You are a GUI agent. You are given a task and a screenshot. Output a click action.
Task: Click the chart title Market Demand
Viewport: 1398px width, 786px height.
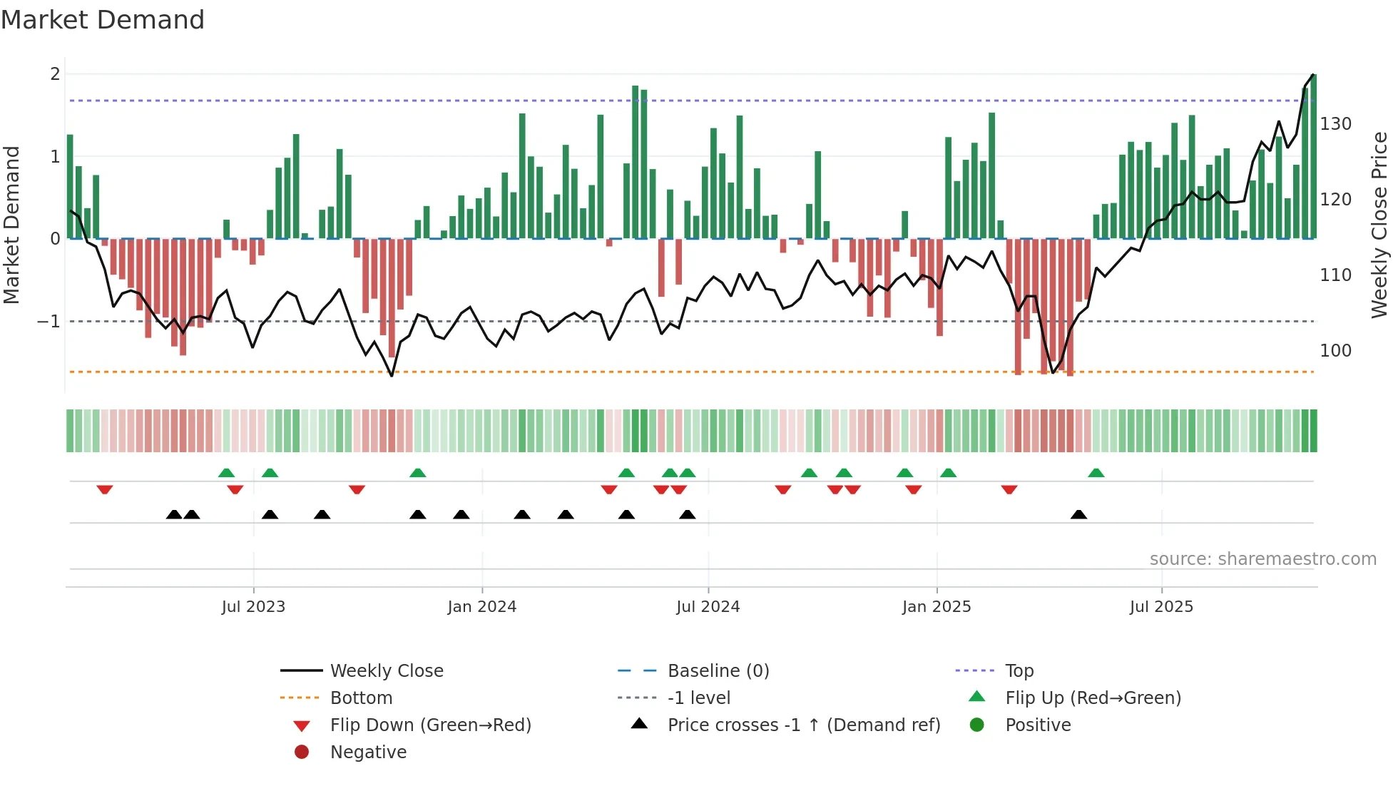pyautogui.click(x=103, y=20)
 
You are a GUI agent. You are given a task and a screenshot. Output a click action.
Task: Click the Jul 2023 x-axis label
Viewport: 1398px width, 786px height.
pyautogui.click(x=253, y=607)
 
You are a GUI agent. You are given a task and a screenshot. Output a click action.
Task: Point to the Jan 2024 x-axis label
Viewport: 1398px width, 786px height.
pyautogui.click(x=481, y=607)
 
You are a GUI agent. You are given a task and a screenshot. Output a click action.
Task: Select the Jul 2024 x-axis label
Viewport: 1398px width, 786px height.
pyautogui.click(x=708, y=607)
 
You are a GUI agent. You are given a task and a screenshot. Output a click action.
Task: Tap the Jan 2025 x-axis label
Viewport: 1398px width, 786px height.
pyautogui.click(x=936, y=607)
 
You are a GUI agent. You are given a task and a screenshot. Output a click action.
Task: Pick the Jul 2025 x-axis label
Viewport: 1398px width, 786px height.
pyautogui.click(x=1161, y=607)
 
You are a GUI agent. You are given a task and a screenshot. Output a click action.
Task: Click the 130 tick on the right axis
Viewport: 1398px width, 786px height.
pyautogui.click(x=1335, y=124)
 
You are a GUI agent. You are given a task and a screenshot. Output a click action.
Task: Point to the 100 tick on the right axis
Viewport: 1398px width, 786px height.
pyautogui.click(x=1335, y=351)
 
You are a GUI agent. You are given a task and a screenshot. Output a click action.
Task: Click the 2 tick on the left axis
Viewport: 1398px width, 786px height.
pyautogui.click(x=55, y=74)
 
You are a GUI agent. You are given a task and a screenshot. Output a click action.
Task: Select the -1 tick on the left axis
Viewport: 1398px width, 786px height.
pyautogui.click(x=49, y=322)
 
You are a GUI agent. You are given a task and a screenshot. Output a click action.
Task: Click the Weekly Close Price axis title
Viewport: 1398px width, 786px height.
pyautogui.click(x=1379, y=225)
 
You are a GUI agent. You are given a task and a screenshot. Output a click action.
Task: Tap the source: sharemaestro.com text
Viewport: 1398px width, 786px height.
pyautogui.click(x=1262, y=559)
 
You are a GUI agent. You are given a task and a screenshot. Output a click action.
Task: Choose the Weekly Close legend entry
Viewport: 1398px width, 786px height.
pyautogui.click(x=386, y=671)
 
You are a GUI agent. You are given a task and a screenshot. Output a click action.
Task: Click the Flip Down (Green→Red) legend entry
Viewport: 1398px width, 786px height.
pyautogui.click(x=430, y=725)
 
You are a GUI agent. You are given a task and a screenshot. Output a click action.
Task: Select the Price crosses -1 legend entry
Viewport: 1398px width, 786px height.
pyautogui.click(x=803, y=725)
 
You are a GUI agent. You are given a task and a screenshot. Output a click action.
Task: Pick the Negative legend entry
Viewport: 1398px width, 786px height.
pyautogui.click(x=368, y=752)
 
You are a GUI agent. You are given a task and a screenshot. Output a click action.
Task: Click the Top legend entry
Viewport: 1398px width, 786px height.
pyautogui.click(x=1019, y=671)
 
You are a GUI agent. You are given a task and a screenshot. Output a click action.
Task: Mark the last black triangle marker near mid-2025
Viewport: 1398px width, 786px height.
pyautogui.click(x=1078, y=515)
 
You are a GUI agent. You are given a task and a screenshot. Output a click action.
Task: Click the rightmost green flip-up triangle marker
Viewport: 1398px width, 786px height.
pyautogui.click(x=1096, y=473)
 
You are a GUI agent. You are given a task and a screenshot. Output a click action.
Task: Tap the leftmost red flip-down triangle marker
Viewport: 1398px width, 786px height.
pyautogui.click(x=105, y=489)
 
